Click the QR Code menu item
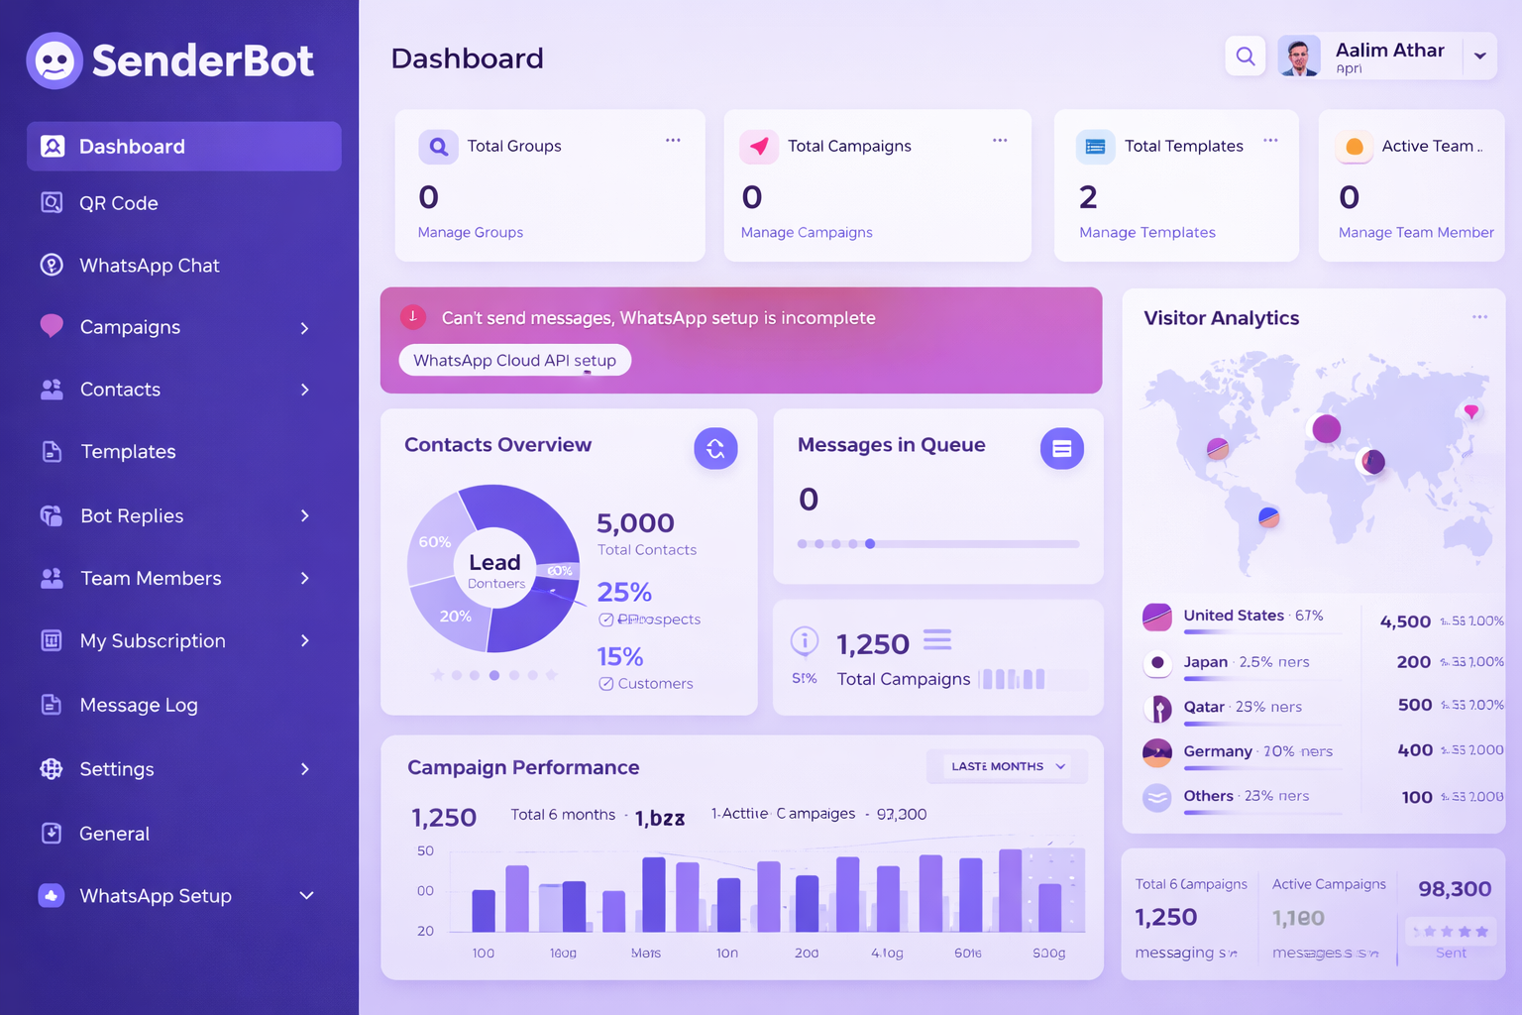(118, 203)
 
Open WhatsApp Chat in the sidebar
(149, 266)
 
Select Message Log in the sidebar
(138, 705)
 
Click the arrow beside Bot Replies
(305, 515)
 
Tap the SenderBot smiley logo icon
(54, 60)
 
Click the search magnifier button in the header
(1246, 56)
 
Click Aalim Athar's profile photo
(1299, 56)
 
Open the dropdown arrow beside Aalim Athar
(1479, 56)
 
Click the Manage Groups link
(471, 232)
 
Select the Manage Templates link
(1146, 232)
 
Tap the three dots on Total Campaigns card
(1000, 141)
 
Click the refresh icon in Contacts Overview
(715, 449)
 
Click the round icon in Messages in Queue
(1061, 449)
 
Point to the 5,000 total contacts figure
(635, 522)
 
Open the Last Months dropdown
(1007, 766)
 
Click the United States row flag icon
(1157, 617)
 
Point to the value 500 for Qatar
(1415, 705)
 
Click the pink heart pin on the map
(1471, 410)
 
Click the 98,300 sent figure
(1455, 889)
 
